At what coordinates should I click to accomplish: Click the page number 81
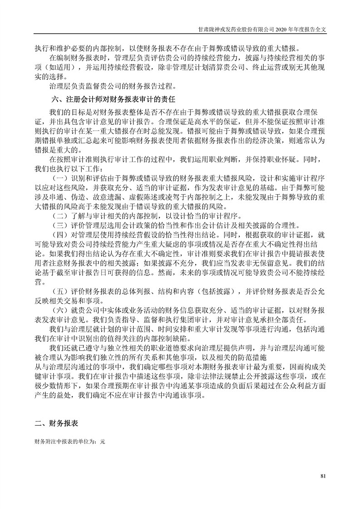coord(323,476)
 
